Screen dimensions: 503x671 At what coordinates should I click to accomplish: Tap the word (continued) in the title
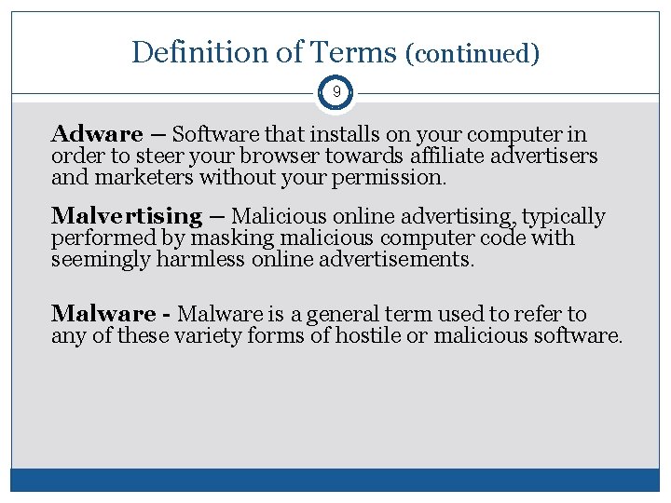pos(472,53)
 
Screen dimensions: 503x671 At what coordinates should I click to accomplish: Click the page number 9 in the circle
pos(335,92)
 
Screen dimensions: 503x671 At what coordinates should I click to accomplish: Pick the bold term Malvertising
pos(127,216)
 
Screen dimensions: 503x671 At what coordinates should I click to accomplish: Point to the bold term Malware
pos(102,314)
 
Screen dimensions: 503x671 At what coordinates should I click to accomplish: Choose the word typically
pos(564,217)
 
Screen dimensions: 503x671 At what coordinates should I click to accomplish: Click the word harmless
pos(201,259)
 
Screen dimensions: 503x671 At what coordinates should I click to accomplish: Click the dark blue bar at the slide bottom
pos(335,480)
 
